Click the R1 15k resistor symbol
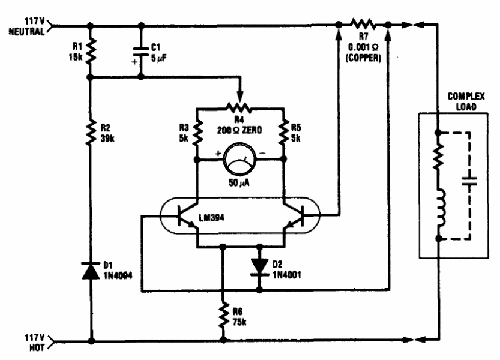click(x=91, y=50)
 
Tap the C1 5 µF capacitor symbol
click(x=141, y=52)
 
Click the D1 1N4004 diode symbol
click(x=91, y=271)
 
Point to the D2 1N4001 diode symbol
click(x=259, y=266)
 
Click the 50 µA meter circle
click(x=240, y=159)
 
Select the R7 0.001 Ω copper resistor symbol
click(x=363, y=24)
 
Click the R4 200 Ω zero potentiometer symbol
click(x=239, y=109)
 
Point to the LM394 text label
click(x=211, y=217)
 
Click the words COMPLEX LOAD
click(x=466, y=101)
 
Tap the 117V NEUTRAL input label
click(x=27, y=26)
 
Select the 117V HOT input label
click(x=35, y=343)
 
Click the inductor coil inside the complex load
click(x=441, y=208)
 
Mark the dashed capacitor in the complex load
click(x=469, y=182)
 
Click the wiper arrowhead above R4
click(x=240, y=96)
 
